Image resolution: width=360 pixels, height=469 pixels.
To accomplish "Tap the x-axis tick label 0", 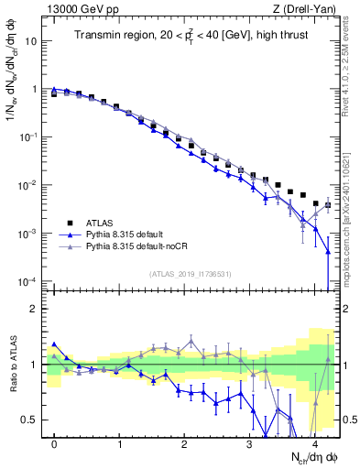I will pyautogui.click(x=55, y=442).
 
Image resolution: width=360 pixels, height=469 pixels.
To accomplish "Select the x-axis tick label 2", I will pyautogui.click(x=185, y=442).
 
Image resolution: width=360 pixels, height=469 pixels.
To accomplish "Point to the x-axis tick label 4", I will pyautogui.click(x=314, y=442).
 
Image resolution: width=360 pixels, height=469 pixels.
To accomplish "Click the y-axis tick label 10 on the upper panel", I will pyautogui.click(x=31, y=41).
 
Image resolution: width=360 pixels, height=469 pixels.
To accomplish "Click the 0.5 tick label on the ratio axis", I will pyautogui.click(x=30, y=420).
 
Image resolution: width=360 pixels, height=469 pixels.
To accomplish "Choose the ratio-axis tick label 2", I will pyautogui.click(x=35, y=308).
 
